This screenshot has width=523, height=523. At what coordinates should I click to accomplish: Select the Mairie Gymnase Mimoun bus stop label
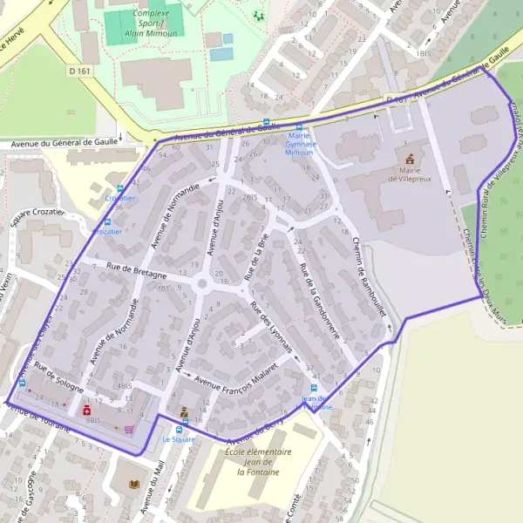point(301,143)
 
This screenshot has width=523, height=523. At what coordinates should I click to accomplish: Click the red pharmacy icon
point(86,409)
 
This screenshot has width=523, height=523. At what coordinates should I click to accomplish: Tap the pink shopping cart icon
point(129,429)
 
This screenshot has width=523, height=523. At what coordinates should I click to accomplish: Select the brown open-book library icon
point(133,484)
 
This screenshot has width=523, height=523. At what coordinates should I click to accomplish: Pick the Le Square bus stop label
point(179,439)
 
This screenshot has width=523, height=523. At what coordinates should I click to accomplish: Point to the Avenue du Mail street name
point(153,489)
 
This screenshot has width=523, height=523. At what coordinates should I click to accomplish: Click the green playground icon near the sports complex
point(257,14)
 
